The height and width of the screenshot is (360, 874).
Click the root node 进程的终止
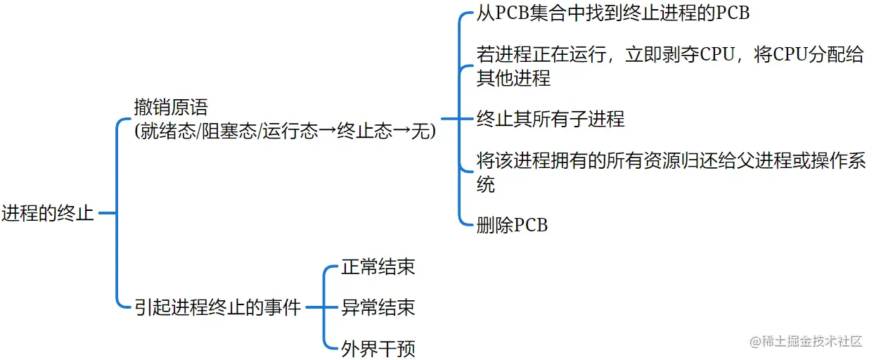pos(48,213)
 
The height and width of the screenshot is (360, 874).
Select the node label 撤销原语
pos(171,108)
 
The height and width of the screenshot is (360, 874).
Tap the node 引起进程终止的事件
pos(217,307)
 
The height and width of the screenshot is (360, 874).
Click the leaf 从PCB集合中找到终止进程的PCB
pos(613,13)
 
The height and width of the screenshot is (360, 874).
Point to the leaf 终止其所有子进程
pos(551,119)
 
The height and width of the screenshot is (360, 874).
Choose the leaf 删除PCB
pos(512,225)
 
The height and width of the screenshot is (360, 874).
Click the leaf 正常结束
pos(378,266)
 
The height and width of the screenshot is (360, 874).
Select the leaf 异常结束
pos(378,307)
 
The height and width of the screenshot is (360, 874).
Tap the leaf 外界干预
pos(378,348)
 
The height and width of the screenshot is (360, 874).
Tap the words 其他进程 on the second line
pos(513,78)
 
